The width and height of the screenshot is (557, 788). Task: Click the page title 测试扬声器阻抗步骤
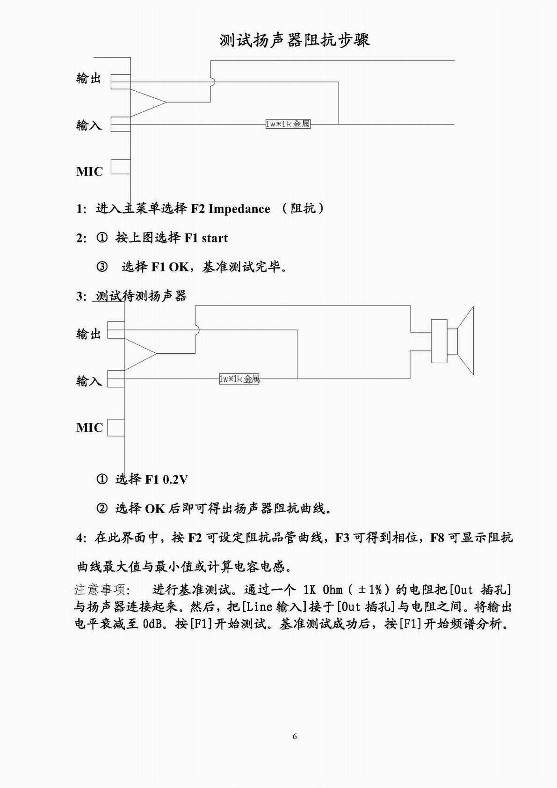click(295, 40)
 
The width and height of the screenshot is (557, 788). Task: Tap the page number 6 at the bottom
click(295, 736)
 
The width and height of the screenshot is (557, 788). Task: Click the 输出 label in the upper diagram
click(89, 78)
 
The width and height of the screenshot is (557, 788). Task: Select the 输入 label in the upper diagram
click(89, 125)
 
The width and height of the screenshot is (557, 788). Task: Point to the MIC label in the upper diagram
click(89, 171)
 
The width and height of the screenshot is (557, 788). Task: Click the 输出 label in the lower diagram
click(89, 334)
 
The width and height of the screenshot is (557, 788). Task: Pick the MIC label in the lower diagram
click(89, 427)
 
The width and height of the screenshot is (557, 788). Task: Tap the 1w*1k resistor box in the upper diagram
click(288, 124)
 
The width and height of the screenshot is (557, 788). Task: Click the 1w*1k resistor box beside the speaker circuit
click(239, 379)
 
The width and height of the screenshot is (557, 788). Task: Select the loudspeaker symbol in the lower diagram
click(453, 340)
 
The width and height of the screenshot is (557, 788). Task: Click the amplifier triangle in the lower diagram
click(139, 354)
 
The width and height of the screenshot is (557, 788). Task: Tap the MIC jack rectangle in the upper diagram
click(120, 167)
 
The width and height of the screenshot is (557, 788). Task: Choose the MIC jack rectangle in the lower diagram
click(116, 427)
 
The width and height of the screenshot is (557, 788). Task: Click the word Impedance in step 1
click(239, 209)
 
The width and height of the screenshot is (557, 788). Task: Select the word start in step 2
click(215, 238)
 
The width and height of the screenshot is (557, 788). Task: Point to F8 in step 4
click(437, 538)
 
